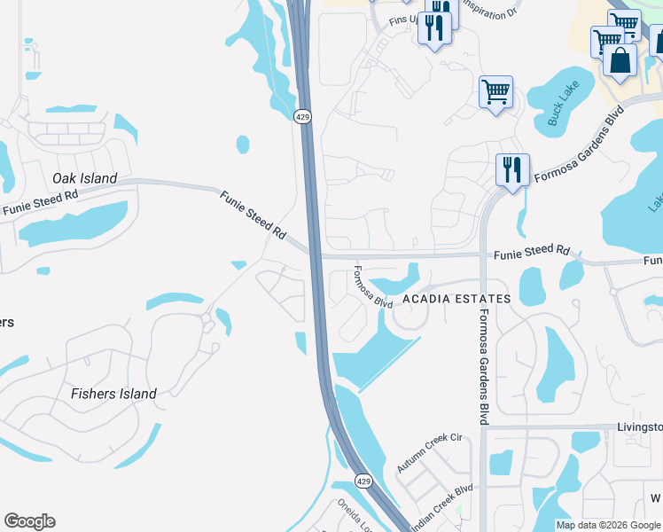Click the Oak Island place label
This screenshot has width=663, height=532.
point(84,178)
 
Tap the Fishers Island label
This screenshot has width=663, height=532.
point(113,394)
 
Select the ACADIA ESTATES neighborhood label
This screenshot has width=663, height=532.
point(456,299)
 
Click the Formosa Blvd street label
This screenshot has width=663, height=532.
point(372,287)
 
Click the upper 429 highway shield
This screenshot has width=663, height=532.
point(303,117)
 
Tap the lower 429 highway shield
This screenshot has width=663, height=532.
point(363,481)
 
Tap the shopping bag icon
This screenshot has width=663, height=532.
point(620,60)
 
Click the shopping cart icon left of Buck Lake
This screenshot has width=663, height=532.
point(495,90)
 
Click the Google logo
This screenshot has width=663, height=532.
point(29,521)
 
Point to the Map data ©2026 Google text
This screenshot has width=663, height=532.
point(607,525)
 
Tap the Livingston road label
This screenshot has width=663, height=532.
point(639,426)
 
